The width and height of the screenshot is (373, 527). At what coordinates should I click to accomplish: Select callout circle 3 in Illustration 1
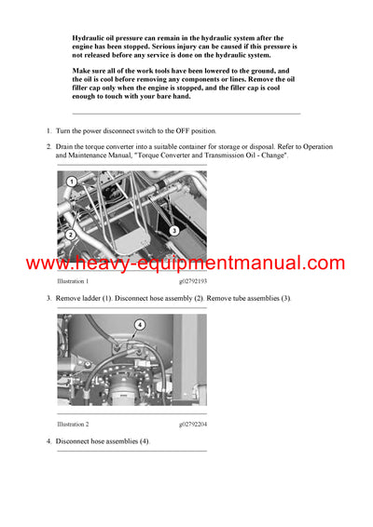[x=173, y=229]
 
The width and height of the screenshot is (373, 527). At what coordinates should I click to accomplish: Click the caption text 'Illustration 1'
[x=72, y=280]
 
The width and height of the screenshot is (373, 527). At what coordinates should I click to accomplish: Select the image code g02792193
[x=192, y=280]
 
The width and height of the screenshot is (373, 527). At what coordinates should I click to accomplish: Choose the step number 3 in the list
[x=48, y=297]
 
